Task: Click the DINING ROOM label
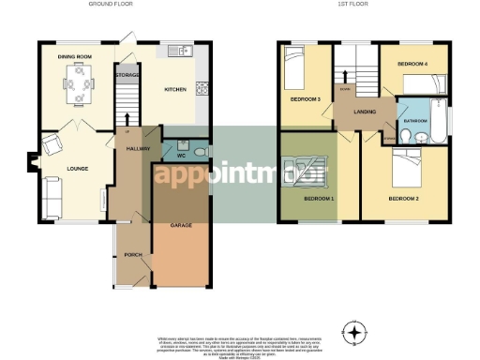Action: point(75,57)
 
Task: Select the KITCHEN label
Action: point(174,90)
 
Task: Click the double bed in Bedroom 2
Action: point(410,169)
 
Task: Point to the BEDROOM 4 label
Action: point(412,63)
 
